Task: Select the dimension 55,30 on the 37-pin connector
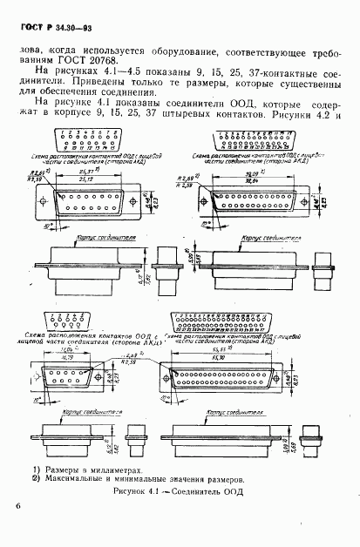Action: [262, 348]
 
